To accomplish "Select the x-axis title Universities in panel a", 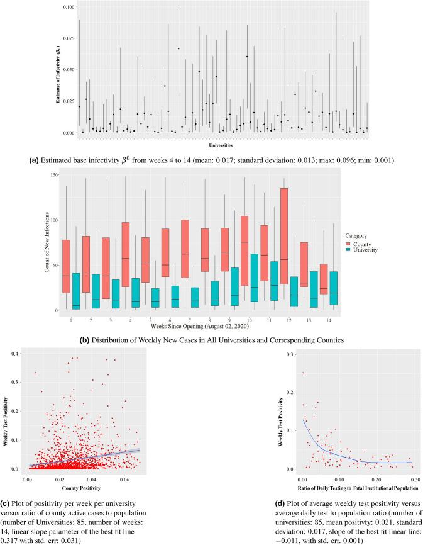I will coord(223,145).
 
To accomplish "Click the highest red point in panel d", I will coord(303,373).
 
